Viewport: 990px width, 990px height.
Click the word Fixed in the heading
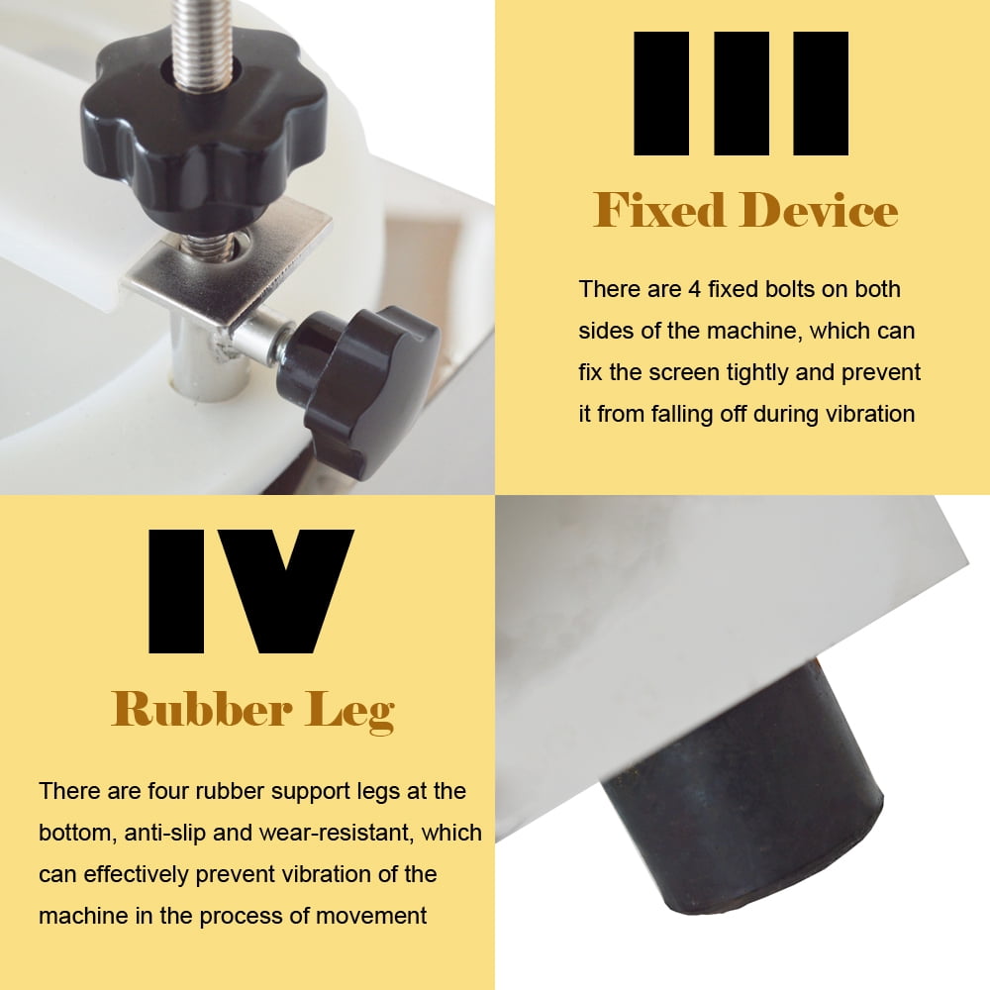click(x=659, y=210)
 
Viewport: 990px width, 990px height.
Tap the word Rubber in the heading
click(x=201, y=710)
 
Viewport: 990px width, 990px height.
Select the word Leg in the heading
click(x=349, y=712)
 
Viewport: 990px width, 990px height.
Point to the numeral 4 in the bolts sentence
click(x=695, y=289)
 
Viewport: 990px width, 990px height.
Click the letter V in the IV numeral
click(x=288, y=592)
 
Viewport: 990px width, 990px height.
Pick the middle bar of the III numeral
click(x=742, y=93)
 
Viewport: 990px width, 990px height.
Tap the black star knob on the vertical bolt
click(x=203, y=131)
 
